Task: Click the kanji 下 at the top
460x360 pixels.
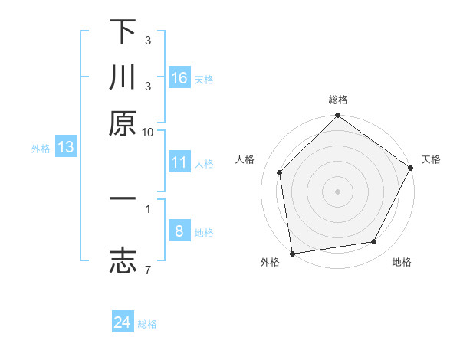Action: click(123, 32)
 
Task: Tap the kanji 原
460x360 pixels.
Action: click(123, 123)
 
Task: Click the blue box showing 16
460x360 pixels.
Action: click(179, 77)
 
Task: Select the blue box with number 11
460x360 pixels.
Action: click(179, 162)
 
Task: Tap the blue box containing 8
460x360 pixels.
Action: click(179, 231)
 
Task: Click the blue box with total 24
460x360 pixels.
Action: click(123, 322)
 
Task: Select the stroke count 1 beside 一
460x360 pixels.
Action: click(147, 208)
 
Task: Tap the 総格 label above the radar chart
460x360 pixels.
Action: click(338, 100)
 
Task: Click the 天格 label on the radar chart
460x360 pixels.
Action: click(431, 159)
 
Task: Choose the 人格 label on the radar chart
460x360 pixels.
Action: click(245, 159)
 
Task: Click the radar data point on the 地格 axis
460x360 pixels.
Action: click(374, 242)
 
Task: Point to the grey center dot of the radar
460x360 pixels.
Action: click(338, 191)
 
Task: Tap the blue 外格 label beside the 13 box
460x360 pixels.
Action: click(41, 149)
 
